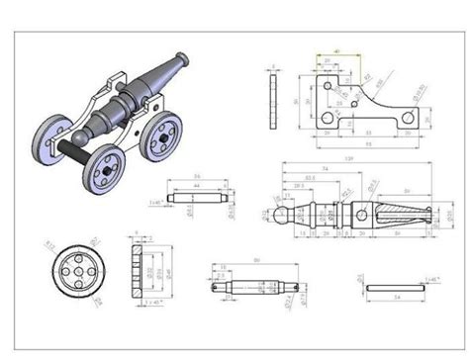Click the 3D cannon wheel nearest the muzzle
click(162, 136)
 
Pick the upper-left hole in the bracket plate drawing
click(328, 86)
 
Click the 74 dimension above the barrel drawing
click(325, 168)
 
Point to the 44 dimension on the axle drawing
click(197, 186)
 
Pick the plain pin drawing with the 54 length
click(396, 287)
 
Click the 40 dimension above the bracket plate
click(338, 49)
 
